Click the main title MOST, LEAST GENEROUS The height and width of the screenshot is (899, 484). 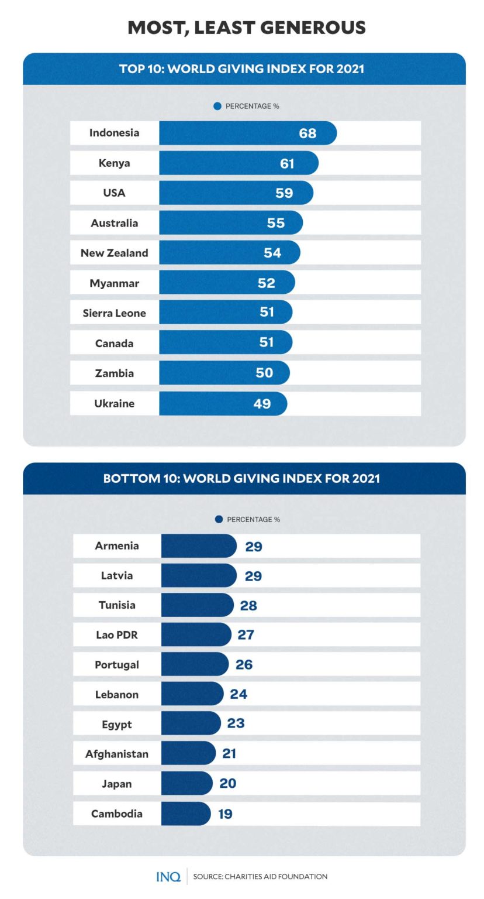click(x=247, y=28)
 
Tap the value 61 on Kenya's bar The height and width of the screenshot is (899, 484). click(x=287, y=163)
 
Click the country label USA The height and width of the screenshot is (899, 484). click(x=114, y=193)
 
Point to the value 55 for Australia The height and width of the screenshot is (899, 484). click(x=276, y=223)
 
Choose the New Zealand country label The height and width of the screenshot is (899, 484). click(x=114, y=253)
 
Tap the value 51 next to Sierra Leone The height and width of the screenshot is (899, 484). click(x=267, y=313)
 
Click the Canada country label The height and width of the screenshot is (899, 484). click(x=114, y=343)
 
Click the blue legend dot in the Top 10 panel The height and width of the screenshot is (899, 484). click(x=217, y=106)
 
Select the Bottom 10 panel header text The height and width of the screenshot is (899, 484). click(x=241, y=478)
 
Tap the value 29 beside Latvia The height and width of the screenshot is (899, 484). click(x=253, y=576)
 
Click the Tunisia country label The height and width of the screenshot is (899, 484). click(x=117, y=605)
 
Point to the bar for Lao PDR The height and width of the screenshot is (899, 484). click(x=196, y=634)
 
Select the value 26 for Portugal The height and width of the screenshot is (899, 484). click(x=244, y=665)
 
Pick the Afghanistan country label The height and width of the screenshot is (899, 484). click(x=117, y=754)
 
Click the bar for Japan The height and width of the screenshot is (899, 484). click(x=186, y=783)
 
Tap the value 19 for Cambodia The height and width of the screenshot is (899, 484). click(x=225, y=814)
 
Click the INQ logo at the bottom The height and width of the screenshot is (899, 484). click(x=168, y=876)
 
